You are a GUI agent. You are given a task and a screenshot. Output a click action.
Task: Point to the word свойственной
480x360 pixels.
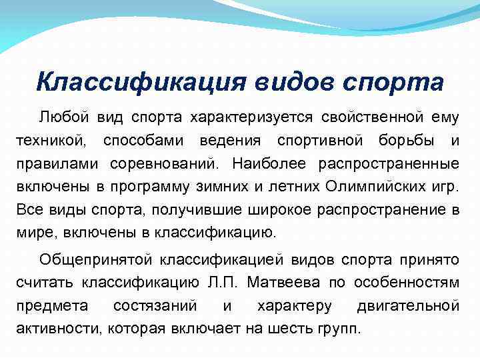(369, 117)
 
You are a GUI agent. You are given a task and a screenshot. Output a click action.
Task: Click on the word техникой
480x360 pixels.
(51, 141)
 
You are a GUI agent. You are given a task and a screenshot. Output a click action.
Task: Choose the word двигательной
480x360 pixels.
(408, 305)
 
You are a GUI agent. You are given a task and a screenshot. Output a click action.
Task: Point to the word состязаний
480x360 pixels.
(155, 305)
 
